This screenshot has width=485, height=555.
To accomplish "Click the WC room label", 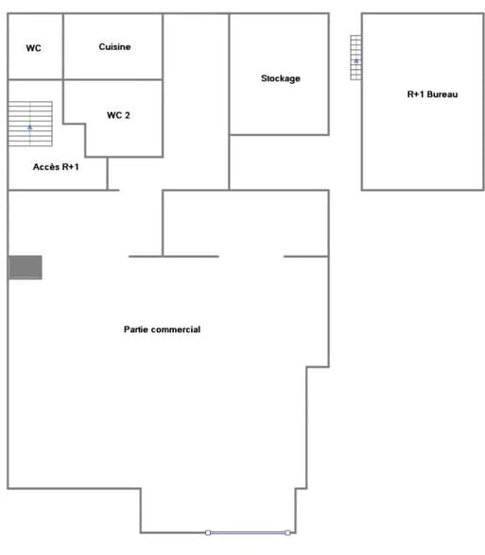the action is pyautogui.click(x=33, y=48).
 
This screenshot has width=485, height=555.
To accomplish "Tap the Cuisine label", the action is pyautogui.click(x=114, y=47).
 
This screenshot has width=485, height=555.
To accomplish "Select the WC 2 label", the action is pyautogui.click(x=118, y=115).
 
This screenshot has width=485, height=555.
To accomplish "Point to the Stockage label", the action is pyautogui.click(x=281, y=78).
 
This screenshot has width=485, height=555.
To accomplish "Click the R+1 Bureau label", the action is pyautogui.click(x=432, y=94).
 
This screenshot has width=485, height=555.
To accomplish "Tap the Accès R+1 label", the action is pyautogui.click(x=56, y=167).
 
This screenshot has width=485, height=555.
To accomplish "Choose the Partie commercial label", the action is pyautogui.click(x=162, y=329).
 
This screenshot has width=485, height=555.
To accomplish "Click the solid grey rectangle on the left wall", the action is pyautogui.click(x=26, y=267).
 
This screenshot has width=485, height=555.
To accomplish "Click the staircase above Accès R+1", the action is pyautogui.click(x=30, y=124).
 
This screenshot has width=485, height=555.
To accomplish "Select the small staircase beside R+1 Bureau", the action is pyautogui.click(x=355, y=58).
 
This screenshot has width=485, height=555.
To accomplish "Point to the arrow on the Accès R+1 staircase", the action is pyautogui.click(x=30, y=127).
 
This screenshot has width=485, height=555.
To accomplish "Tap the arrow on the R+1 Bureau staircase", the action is pyautogui.click(x=356, y=61).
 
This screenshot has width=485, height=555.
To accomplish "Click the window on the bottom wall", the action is pyautogui.click(x=248, y=532).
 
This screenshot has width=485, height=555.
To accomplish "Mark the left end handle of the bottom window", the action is pyautogui.click(x=208, y=532).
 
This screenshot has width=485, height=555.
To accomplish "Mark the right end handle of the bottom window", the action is pyautogui.click(x=287, y=532).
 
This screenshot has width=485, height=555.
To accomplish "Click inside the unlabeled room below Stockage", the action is pyautogui.click(x=279, y=162).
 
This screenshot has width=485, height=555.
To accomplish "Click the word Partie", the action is pyautogui.click(x=135, y=329).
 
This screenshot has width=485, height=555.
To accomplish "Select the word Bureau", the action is pyautogui.click(x=442, y=94).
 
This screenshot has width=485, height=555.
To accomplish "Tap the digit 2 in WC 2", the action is pyautogui.click(x=127, y=115).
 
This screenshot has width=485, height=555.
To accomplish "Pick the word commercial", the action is pyautogui.click(x=176, y=329).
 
